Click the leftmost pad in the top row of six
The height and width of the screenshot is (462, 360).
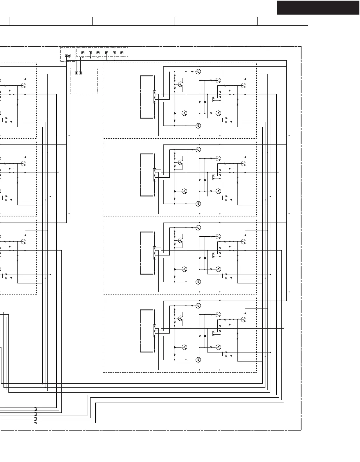coord(83,53)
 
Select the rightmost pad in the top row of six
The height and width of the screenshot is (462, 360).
coord(122,53)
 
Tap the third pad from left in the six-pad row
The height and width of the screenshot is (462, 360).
coord(98,53)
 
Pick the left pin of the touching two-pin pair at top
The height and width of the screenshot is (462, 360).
coord(66,55)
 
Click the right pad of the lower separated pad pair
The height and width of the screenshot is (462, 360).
coord(80,73)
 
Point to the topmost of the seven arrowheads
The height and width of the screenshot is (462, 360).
coord(35,408)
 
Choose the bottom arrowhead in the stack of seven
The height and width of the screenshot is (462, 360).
coord(35,423)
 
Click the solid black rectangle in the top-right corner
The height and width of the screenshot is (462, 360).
coord(318,8)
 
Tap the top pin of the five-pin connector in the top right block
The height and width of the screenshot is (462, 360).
coord(155,92)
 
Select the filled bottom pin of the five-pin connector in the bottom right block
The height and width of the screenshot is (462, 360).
coord(155,336)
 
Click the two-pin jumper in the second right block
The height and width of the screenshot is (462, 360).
coord(214,177)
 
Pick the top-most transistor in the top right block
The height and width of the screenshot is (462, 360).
coord(198,71)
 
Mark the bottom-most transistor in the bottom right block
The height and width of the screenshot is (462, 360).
coord(198,360)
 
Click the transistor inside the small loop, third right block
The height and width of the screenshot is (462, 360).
coord(181,240)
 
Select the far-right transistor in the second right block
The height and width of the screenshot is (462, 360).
coord(244,163)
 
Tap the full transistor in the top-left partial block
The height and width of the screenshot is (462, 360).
coord(24,85)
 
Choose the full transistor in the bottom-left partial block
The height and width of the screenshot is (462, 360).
coord(24,241)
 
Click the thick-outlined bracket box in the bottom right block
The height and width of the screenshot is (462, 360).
coord(147,331)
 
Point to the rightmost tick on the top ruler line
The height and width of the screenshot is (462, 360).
coord(257,21)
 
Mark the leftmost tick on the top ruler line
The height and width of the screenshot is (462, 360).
coord(10,21)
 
